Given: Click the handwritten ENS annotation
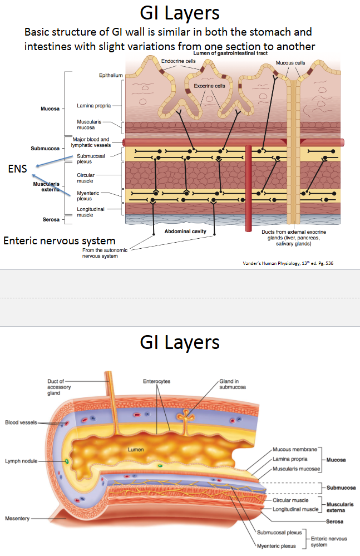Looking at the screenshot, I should [18, 168].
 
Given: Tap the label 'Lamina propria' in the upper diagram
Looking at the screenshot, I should [92, 105].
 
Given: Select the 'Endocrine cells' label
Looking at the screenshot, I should [178, 61].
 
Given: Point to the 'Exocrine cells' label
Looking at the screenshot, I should [209, 86].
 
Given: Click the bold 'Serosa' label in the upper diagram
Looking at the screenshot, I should [51, 220].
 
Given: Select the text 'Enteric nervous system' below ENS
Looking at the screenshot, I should [60, 240].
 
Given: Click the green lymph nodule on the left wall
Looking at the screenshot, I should [66, 461].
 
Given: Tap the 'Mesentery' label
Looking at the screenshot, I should [17, 518].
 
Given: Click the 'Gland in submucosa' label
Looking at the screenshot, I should [232, 383].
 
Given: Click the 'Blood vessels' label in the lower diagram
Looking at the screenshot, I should [21, 422].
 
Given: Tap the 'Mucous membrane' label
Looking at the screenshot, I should [295, 449].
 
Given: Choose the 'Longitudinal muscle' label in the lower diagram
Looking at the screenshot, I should [295, 509].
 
